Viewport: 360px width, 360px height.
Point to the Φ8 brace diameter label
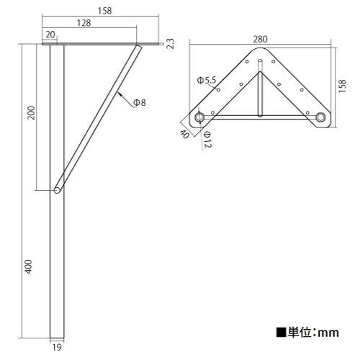coord(139,103)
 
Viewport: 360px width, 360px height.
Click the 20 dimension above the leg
coord(50,35)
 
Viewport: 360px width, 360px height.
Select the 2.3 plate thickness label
coord(170,44)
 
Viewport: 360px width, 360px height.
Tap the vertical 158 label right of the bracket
coord(343,86)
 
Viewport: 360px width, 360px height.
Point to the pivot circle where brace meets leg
coord(56,190)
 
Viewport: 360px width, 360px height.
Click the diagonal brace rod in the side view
coord(97,119)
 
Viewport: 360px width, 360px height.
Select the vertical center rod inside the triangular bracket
coord(259,92)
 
